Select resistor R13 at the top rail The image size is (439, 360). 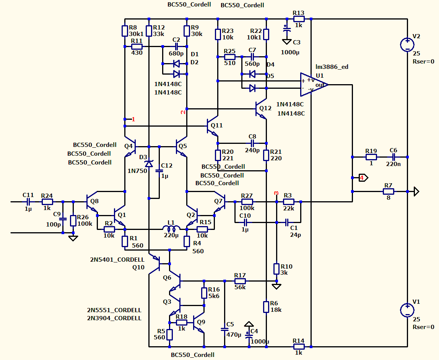click(299, 19)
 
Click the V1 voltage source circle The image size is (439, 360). click(407, 310)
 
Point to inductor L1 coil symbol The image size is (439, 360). click(171, 228)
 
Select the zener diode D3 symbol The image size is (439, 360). click(149, 164)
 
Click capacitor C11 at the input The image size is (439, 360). click(28, 202)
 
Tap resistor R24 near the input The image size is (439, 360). click(47, 202)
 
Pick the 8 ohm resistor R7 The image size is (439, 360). click(388, 191)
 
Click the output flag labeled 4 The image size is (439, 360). click(363, 178)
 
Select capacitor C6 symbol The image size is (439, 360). click(393, 157)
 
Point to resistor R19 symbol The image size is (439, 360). click(371, 157)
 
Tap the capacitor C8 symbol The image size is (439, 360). click(252, 143)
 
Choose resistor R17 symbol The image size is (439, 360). click(240, 281)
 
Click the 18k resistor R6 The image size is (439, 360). click(266, 307)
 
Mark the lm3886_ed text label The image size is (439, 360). click(332, 67)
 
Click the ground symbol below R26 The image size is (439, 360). click(73, 238)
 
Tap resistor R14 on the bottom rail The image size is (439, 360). click(299, 347)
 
